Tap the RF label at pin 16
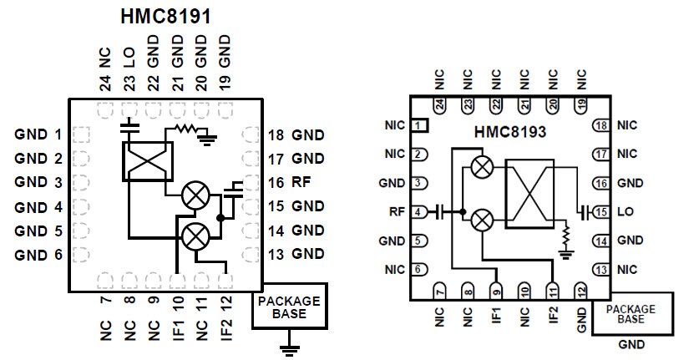coord(289,181)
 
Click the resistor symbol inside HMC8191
coord(185,131)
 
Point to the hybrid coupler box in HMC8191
coord(147,160)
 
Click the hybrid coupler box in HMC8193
coord(530,190)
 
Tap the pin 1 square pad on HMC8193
coord(421,125)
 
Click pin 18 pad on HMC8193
coord(599,125)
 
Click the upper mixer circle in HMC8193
coord(481,167)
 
